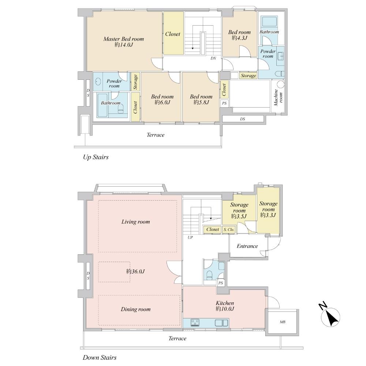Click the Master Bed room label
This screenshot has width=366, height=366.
[x=123, y=41]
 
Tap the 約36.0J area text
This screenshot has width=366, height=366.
[x=136, y=271]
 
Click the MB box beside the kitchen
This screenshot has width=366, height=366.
[x=283, y=322]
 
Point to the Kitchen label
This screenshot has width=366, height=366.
[x=225, y=306]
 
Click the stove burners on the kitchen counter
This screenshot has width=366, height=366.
[x=195, y=322]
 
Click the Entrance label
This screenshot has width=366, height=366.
[x=247, y=246]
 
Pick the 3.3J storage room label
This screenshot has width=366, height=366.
[x=268, y=209]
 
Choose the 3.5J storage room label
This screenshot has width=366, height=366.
[x=239, y=211]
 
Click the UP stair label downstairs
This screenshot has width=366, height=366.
[x=190, y=237]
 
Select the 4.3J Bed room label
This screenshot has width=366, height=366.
[x=239, y=35]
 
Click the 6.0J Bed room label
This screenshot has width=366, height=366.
[x=162, y=99]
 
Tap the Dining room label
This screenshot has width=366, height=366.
[x=135, y=309]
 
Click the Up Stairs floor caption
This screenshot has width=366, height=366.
[x=96, y=157]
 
